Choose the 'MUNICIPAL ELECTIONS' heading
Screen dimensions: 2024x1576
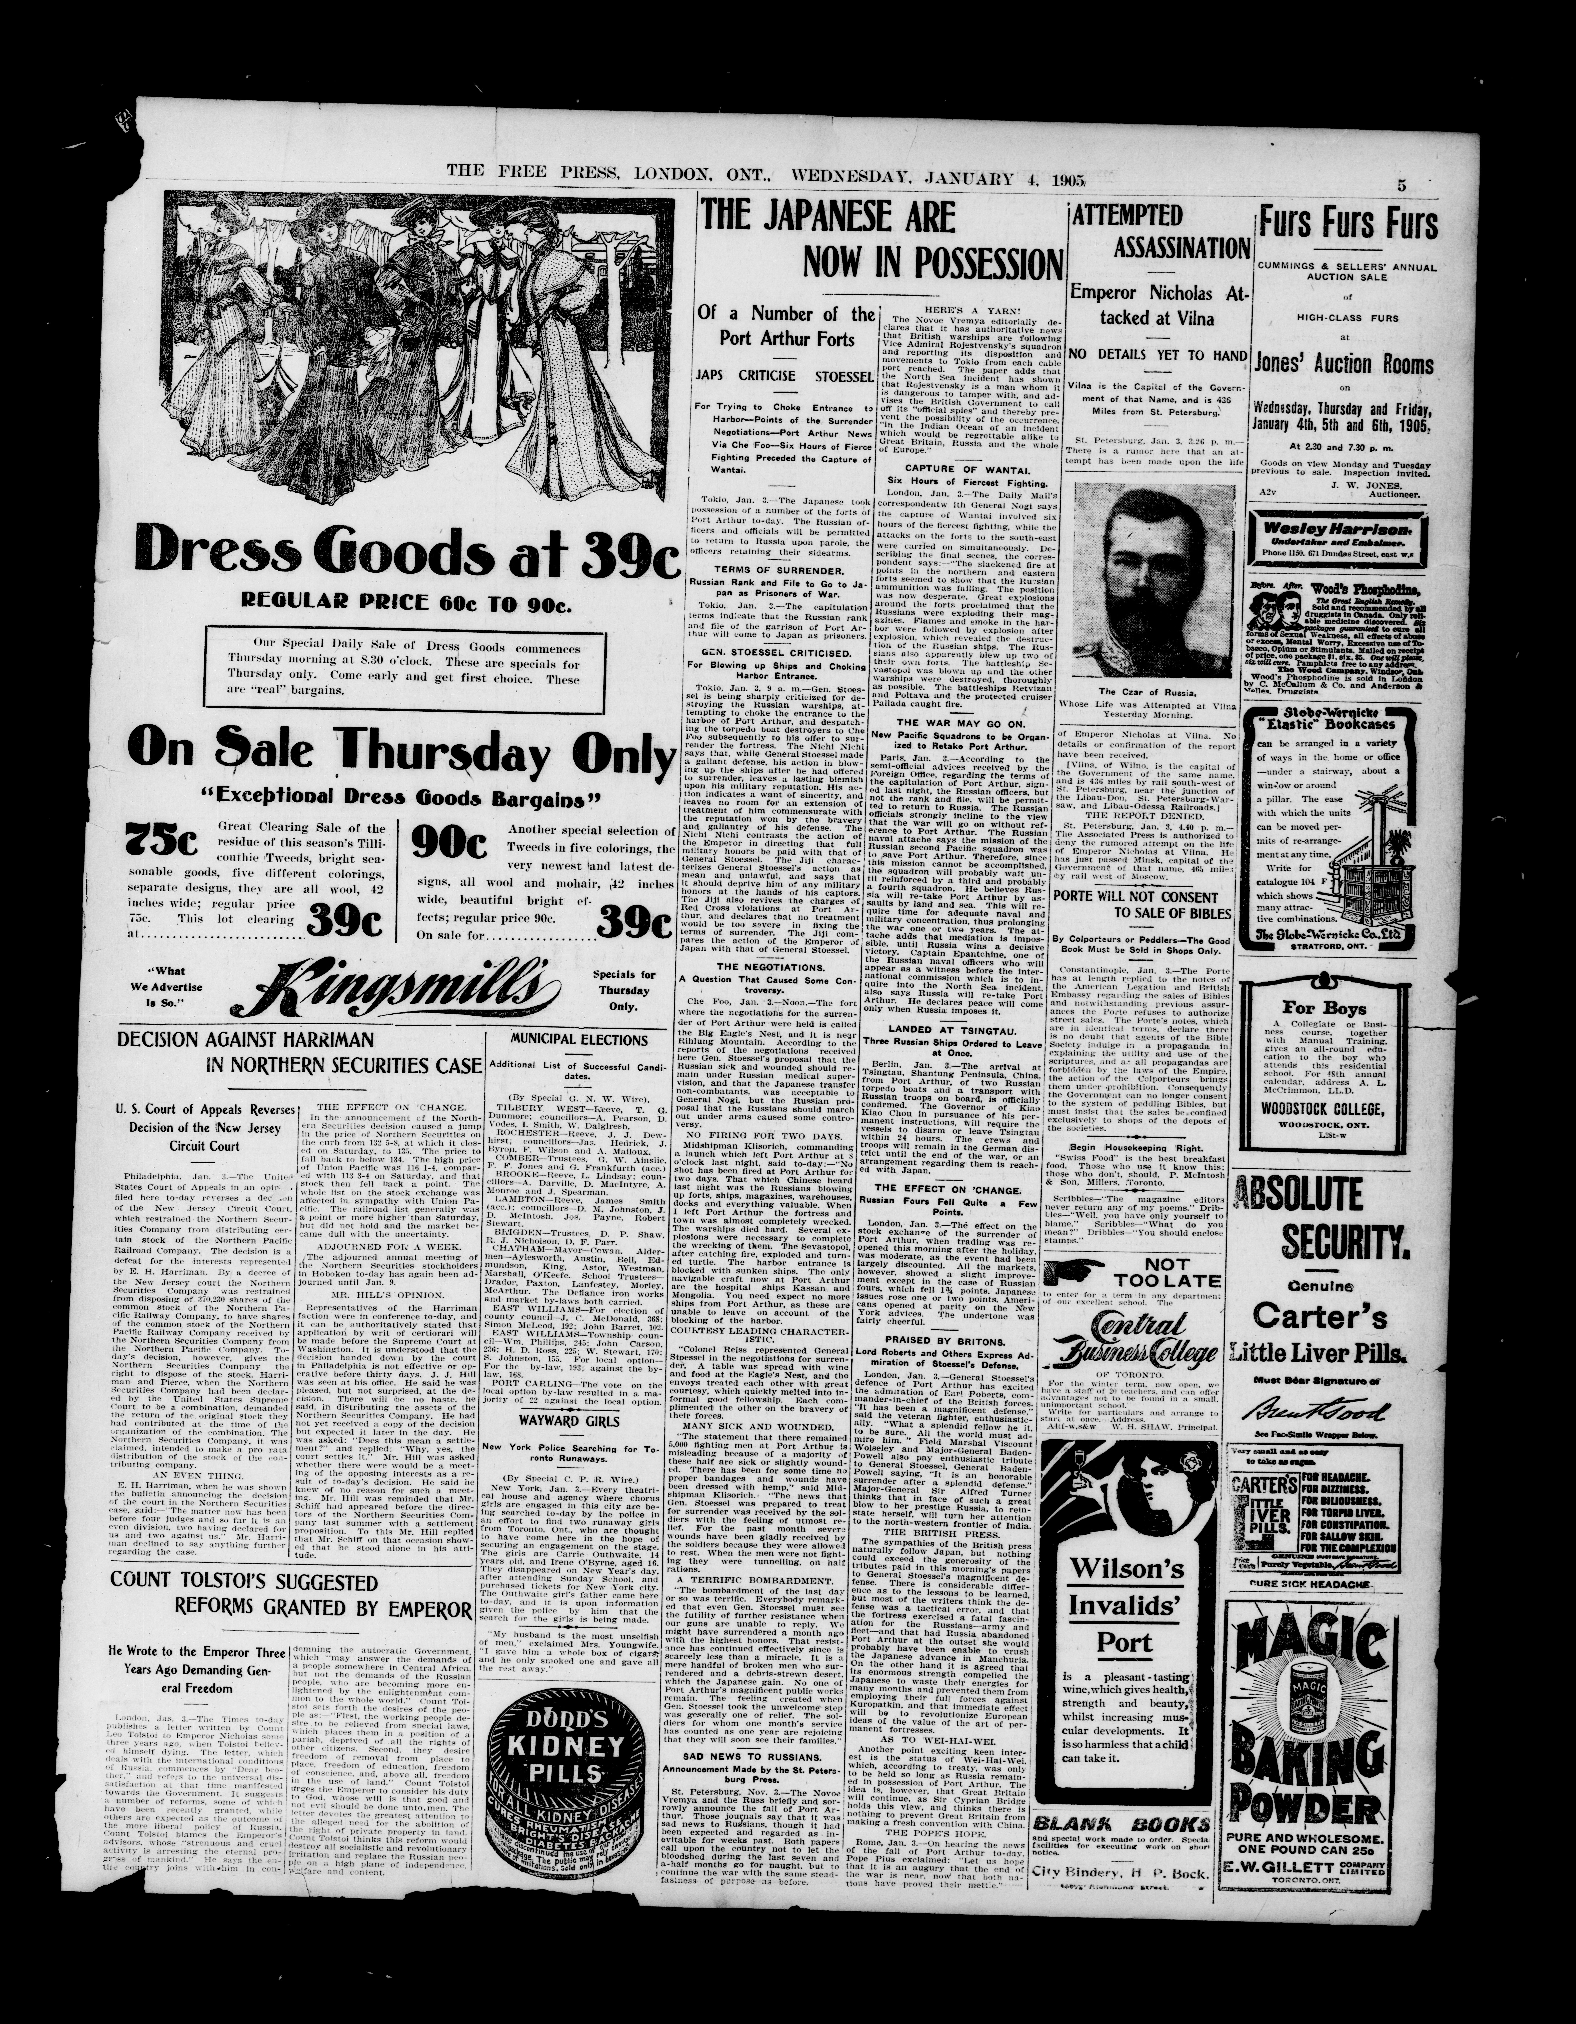coord(579,1040)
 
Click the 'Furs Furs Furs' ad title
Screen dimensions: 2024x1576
coord(1347,223)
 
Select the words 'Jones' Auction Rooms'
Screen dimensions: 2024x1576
coord(1343,364)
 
